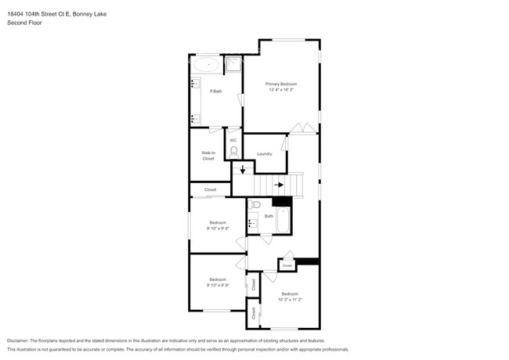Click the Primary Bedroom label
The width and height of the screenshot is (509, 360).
(280, 84)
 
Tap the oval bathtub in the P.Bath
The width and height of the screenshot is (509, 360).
(208, 64)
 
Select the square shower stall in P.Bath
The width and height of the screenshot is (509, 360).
(234, 64)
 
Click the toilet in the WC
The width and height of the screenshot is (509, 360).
(233, 151)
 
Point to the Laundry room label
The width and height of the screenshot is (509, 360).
(264, 153)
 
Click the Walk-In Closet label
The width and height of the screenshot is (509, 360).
(208, 156)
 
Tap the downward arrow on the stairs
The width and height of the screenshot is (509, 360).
(243, 169)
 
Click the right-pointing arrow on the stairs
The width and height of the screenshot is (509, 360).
(279, 185)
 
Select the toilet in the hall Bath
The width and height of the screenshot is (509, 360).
(256, 205)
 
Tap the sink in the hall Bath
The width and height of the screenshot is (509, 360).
(254, 223)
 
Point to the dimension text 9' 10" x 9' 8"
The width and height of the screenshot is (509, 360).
(217, 229)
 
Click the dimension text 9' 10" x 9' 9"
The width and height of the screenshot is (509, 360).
(217, 286)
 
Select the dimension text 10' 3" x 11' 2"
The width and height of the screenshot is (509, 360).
(290, 299)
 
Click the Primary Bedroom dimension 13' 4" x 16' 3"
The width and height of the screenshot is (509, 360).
(280, 90)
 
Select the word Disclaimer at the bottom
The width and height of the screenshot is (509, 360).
(20, 341)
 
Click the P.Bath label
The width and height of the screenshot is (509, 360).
(215, 92)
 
